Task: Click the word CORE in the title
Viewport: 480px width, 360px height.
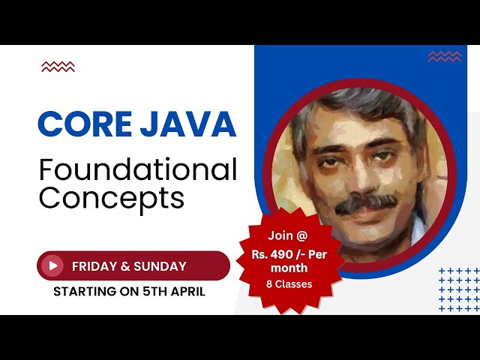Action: coord(85,124)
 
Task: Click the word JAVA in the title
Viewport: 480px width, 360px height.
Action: coord(188,124)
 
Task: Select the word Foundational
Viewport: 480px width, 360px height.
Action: coord(138,171)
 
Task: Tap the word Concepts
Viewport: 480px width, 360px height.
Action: coord(111,198)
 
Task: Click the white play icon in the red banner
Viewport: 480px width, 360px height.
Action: coord(52,265)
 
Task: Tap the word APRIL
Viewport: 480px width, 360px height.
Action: coord(187,291)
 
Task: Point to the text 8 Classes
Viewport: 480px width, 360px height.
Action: coord(289,284)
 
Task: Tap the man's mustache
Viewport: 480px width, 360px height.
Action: coord(365,203)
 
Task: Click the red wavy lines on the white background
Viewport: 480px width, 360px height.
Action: coord(58,67)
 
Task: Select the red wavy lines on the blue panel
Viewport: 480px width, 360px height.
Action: coord(444,57)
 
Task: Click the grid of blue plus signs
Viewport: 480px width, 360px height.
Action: coord(457,289)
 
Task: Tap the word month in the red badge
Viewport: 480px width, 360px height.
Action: coord(289,268)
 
